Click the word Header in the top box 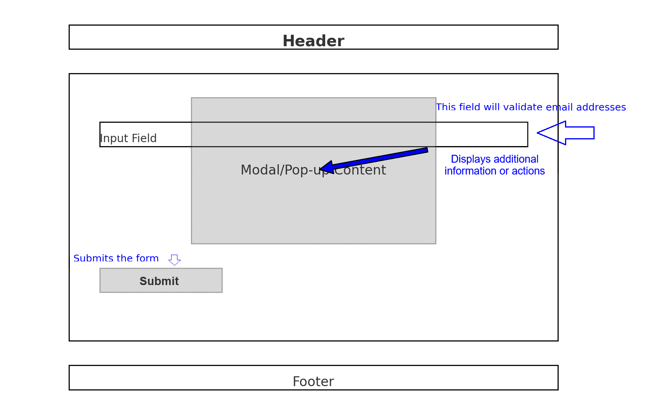click(x=313, y=41)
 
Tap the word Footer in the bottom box click(x=313, y=381)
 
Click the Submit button click(x=161, y=280)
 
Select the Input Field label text click(x=128, y=138)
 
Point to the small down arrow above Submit click(x=174, y=260)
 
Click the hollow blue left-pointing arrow click(x=565, y=133)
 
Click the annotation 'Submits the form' click(x=116, y=258)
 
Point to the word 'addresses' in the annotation click(x=601, y=107)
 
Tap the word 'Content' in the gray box click(x=360, y=170)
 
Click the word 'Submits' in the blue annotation click(x=91, y=258)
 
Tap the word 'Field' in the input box click(x=144, y=138)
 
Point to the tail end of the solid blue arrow click(x=427, y=150)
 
